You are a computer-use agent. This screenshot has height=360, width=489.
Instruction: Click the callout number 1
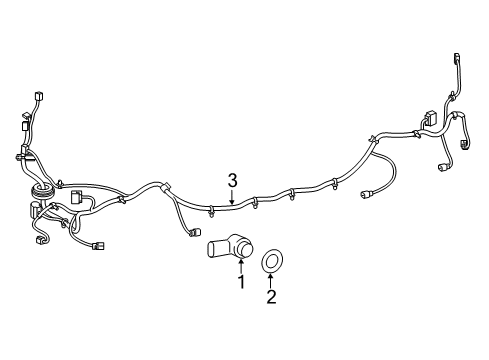click(240, 284)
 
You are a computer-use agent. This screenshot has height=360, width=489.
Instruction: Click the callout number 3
click(231, 180)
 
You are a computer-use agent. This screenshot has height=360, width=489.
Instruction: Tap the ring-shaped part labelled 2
click(270, 263)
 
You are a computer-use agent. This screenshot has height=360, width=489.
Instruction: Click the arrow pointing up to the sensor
click(240, 267)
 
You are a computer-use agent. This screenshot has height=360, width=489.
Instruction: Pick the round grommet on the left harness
click(41, 188)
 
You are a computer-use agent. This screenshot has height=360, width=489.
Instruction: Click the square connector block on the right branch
click(430, 120)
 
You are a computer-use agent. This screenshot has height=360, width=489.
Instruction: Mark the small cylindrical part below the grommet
click(36, 209)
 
